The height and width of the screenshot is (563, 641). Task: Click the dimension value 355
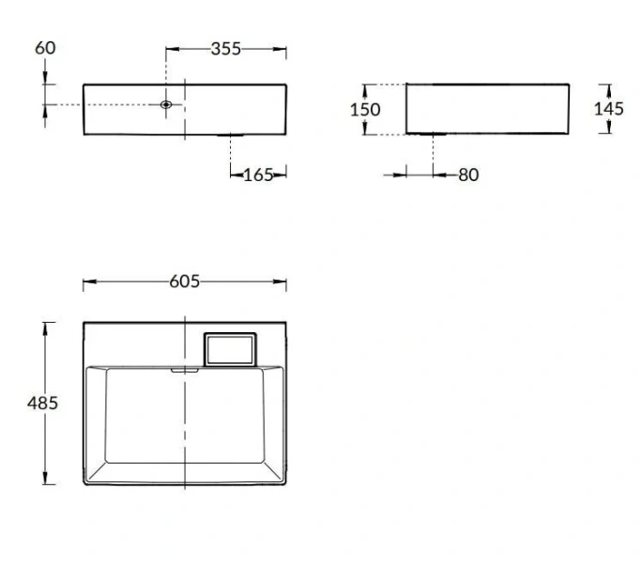pyautogui.click(x=226, y=49)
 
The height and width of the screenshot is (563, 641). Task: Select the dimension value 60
pyautogui.click(x=45, y=48)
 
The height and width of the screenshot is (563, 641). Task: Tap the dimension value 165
pyautogui.click(x=258, y=175)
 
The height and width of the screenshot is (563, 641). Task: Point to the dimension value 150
pyautogui.click(x=365, y=110)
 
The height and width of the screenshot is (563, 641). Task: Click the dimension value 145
pyautogui.click(x=608, y=109)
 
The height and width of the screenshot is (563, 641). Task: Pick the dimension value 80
pyautogui.click(x=468, y=175)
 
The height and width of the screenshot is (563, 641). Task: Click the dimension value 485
pyautogui.click(x=42, y=403)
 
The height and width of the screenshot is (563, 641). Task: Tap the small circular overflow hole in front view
pyautogui.click(x=166, y=105)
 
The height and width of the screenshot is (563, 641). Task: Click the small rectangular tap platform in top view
pyautogui.click(x=230, y=349)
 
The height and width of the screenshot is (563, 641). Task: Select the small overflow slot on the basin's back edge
pyautogui.click(x=185, y=371)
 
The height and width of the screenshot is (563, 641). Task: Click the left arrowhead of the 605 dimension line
pyautogui.click(x=87, y=282)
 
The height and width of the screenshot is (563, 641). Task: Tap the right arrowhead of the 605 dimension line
pyautogui.click(x=282, y=282)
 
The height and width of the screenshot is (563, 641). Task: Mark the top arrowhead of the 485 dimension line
pyautogui.click(x=44, y=327)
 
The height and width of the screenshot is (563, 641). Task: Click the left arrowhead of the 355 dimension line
pyautogui.click(x=171, y=49)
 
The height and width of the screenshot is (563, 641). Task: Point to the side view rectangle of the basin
pyautogui.click(x=487, y=109)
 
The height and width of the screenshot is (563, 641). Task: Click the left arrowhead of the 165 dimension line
pyautogui.click(x=236, y=175)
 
